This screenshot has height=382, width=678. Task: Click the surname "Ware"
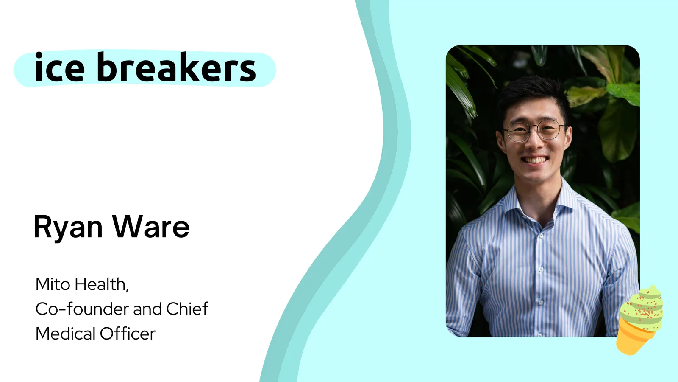coord(151,227)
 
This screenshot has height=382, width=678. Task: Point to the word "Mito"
coord(53,284)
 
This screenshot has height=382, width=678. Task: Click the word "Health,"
coord(102,285)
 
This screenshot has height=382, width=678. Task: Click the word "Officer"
coord(128,334)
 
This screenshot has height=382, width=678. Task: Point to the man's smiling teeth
coord(535,160)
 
